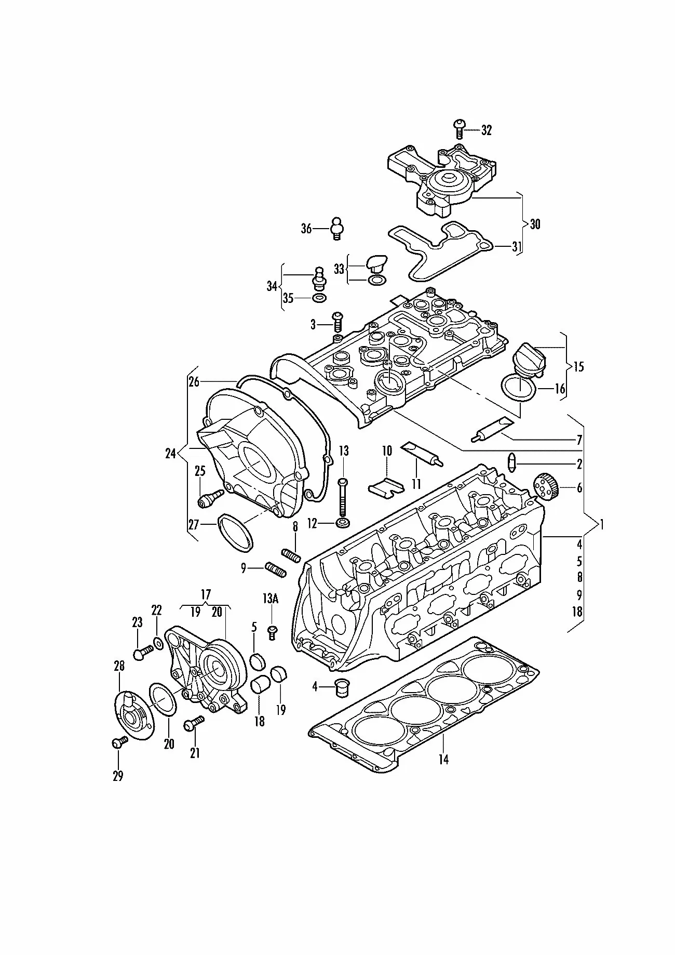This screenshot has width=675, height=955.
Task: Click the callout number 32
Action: click(x=486, y=130)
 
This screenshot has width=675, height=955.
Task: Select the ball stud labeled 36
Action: click(x=337, y=228)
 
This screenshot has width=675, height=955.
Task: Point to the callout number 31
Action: click(x=516, y=247)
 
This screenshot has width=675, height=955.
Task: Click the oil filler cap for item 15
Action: click(x=529, y=358)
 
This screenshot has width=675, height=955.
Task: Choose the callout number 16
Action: click(x=560, y=389)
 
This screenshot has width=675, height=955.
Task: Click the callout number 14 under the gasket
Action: click(x=443, y=759)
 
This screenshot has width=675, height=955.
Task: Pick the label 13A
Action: click(x=271, y=599)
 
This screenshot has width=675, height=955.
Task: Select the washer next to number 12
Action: click(x=343, y=523)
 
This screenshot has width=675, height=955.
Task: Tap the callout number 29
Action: click(x=118, y=776)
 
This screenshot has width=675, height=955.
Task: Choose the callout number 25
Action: click(x=200, y=471)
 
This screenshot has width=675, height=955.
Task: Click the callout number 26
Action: click(x=194, y=382)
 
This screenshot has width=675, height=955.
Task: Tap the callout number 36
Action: click(x=306, y=228)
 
